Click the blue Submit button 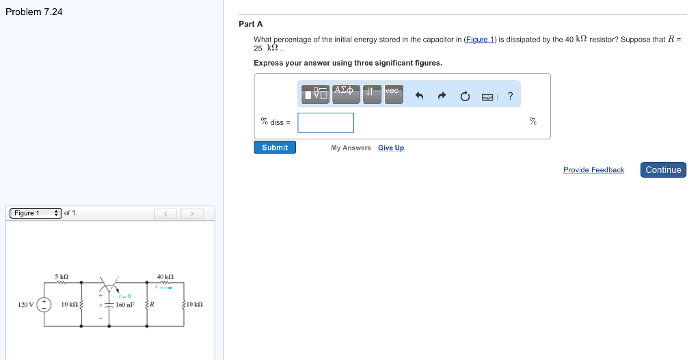(x=275, y=148)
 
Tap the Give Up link (x=390, y=148)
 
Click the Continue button (x=663, y=170)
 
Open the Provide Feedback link (x=593, y=170)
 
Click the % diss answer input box (x=325, y=122)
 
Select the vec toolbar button (x=393, y=94)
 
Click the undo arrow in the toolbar (x=420, y=96)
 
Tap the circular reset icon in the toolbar (x=465, y=96)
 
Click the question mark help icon (x=510, y=96)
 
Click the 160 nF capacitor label (x=125, y=305)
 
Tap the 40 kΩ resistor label (x=165, y=277)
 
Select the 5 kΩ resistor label (x=62, y=277)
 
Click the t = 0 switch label (x=124, y=296)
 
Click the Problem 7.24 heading (x=33, y=12)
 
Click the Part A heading (x=250, y=24)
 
